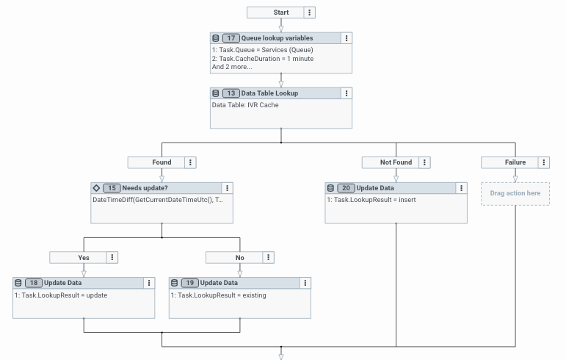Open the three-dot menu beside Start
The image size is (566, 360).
pos(309,12)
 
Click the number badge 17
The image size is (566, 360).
pos(231,37)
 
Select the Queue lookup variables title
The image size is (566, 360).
pos(277,37)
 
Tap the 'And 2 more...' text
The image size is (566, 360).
pos(232,67)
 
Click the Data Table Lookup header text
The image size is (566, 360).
pos(269,93)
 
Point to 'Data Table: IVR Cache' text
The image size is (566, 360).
pos(245,105)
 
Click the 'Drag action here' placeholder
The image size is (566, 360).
pos(515,193)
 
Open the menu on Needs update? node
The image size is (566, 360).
pos(228,188)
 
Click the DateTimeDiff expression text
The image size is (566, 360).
pos(162,200)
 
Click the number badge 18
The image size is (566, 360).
pos(34,283)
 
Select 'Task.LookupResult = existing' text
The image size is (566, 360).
pos(218,295)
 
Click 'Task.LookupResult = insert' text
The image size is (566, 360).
pos(370,200)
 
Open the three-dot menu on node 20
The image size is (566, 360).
pos(461,188)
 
